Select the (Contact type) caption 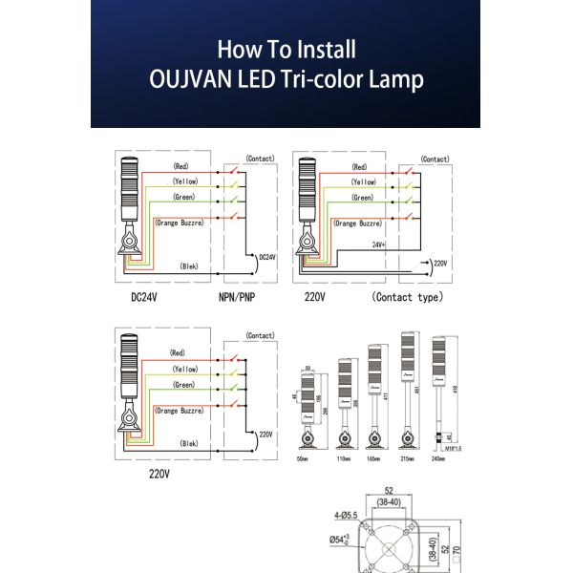click(408, 297)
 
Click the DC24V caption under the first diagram click(145, 297)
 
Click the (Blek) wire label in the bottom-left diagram click(189, 444)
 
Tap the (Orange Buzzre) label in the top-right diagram click(358, 223)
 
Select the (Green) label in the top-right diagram click(362, 197)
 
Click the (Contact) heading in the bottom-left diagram click(260, 336)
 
